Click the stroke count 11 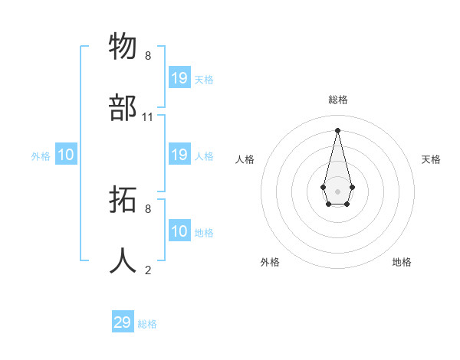click(148, 117)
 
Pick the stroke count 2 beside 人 click(148, 270)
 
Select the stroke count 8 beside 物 click(148, 56)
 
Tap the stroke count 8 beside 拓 click(148, 208)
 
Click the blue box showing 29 click(123, 322)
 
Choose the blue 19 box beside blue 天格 click(179, 78)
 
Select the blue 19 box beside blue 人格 click(179, 155)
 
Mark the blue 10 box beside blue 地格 click(179, 231)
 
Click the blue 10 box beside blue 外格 click(66, 155)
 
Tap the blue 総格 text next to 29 click(147, 324)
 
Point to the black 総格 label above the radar click(338, 100)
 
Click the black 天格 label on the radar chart click(431, 159)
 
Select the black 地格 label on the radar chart click(402, 262)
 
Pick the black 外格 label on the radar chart click(270, 262)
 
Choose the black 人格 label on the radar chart click(245, 159)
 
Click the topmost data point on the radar click(337, 129)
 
